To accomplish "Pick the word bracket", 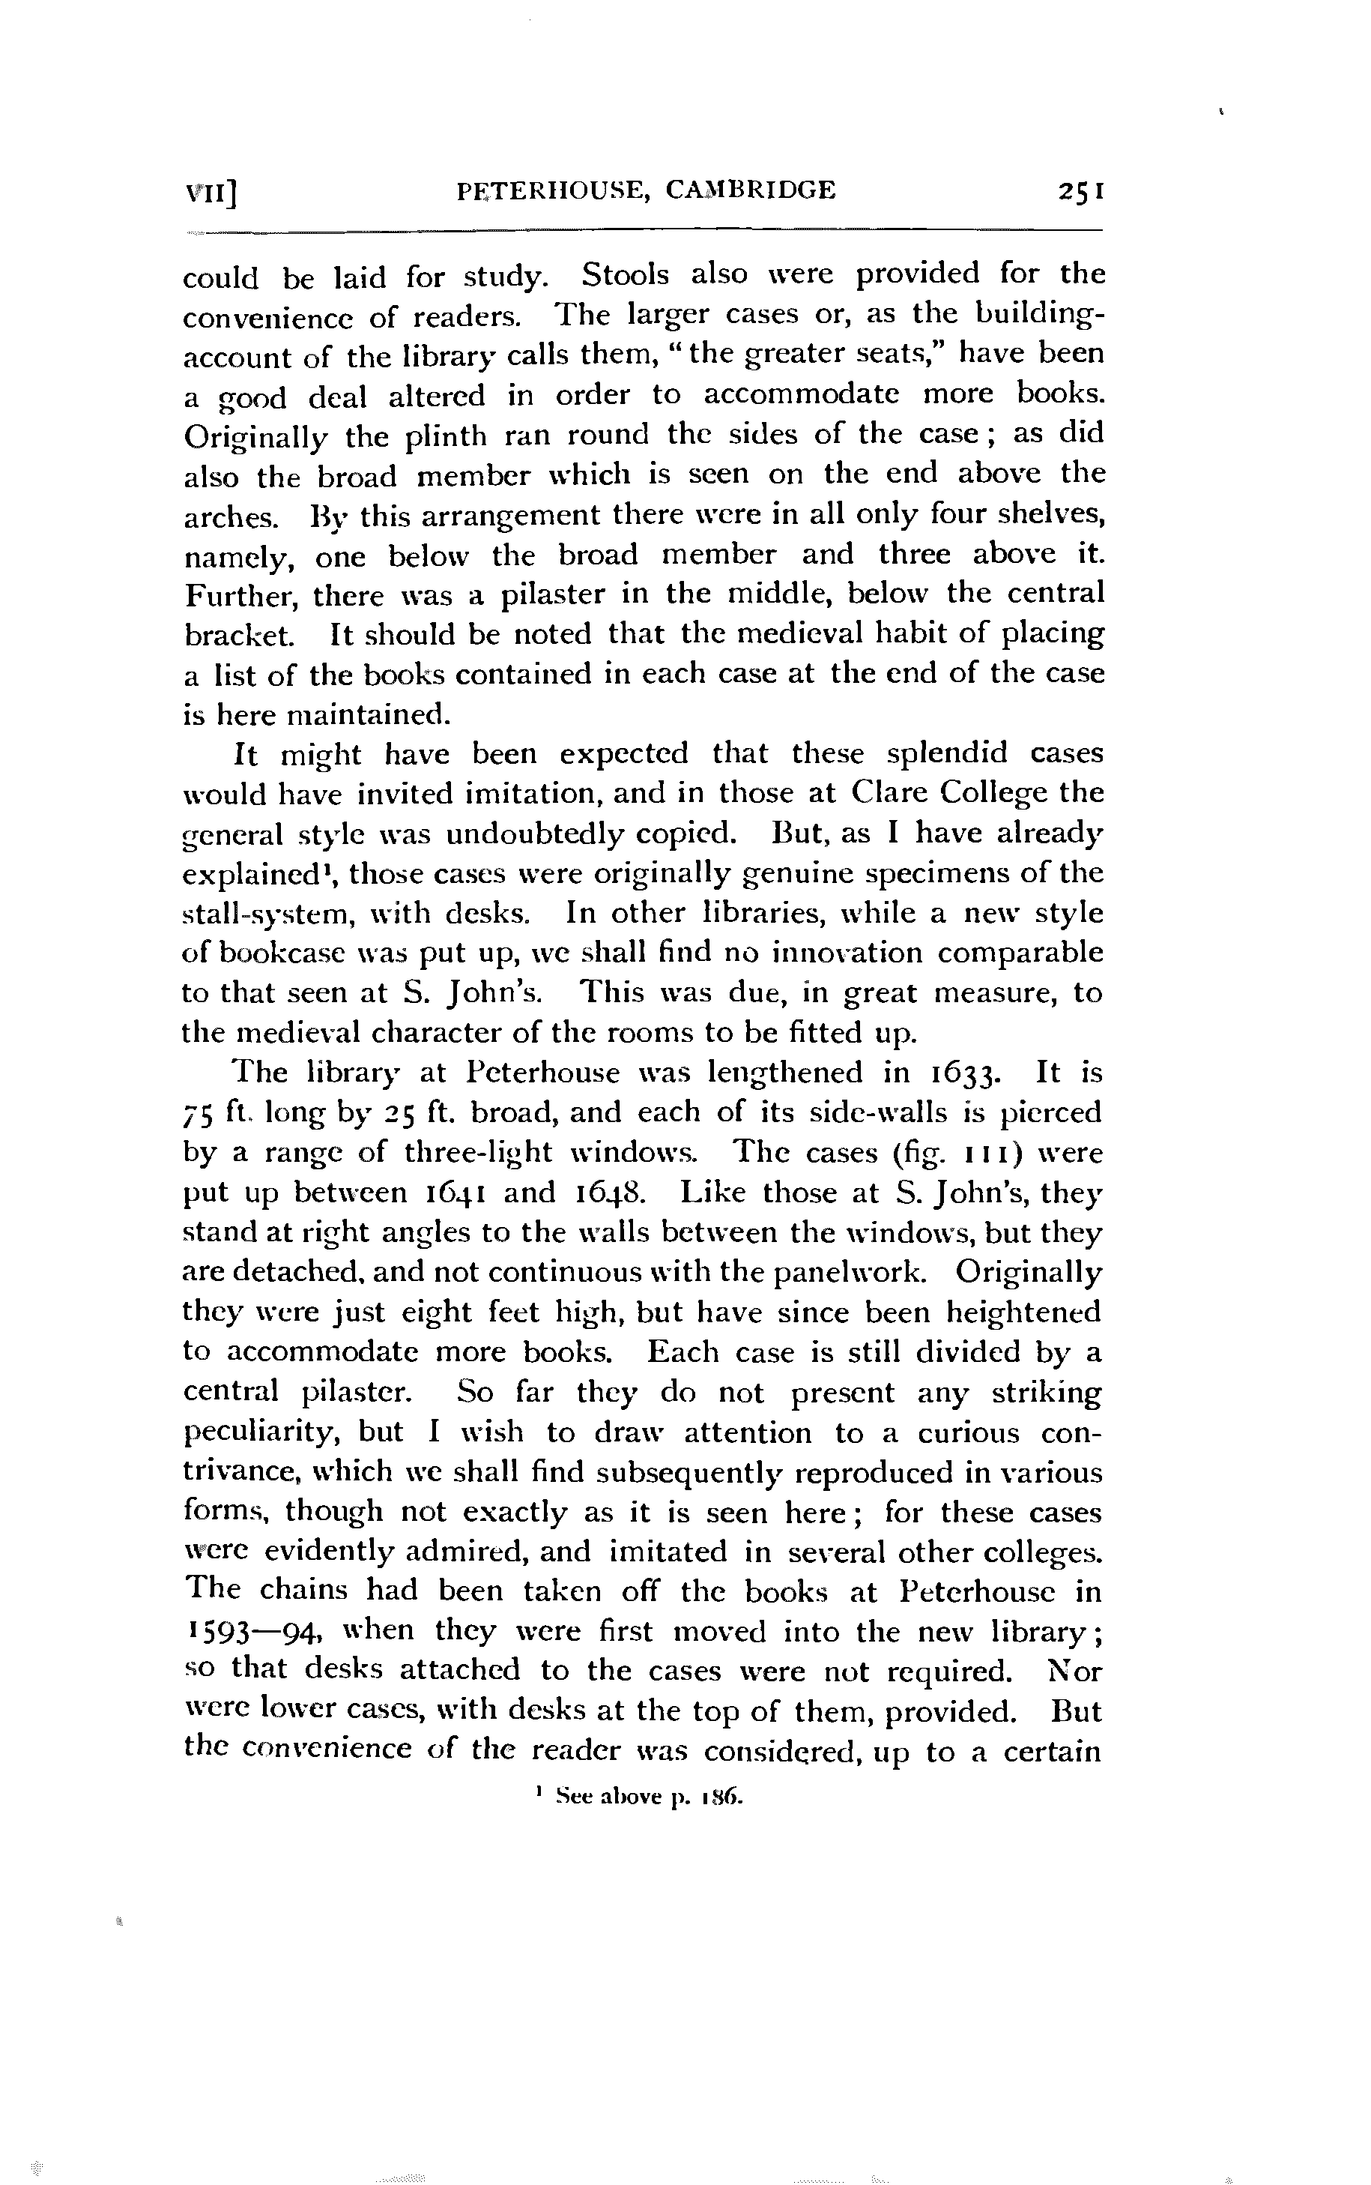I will tap(238, 635).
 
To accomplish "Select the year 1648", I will tap(611, 1193).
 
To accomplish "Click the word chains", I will tap(305, 1592).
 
